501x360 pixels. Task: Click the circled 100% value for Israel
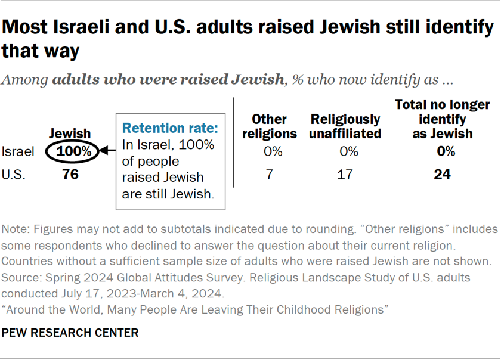pos(74,151)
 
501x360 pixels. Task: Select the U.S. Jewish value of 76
pos(70,175)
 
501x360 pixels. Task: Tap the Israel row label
pos(17,151)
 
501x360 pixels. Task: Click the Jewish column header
pos(69,134)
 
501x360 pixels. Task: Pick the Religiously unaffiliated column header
pos(345,126)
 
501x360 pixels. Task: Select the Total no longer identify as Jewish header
pos(443,119)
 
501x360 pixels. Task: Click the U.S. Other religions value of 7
pos(273,175)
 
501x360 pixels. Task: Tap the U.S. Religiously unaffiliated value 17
pos(345,175)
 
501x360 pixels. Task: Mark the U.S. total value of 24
pos(443,175)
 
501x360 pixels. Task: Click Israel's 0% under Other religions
pos(273,151)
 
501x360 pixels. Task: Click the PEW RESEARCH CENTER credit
pos(70,333)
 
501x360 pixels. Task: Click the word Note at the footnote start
pos(15,229)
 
